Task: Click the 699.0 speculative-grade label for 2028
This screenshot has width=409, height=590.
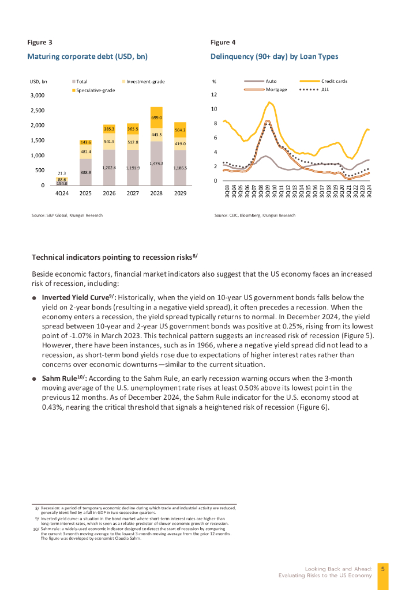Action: click(156, 118)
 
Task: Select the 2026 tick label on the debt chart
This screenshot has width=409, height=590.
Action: click(109, 194)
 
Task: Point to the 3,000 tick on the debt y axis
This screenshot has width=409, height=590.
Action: click(37, 96)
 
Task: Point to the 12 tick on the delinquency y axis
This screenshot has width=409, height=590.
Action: click(215, 95)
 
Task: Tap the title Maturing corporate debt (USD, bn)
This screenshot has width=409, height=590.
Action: click(87, 56)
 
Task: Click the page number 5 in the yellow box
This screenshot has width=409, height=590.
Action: click(383, 569)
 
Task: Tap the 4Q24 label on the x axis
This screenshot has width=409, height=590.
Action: click(62, 194)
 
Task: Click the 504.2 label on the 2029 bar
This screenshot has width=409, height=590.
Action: click(180, 131)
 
